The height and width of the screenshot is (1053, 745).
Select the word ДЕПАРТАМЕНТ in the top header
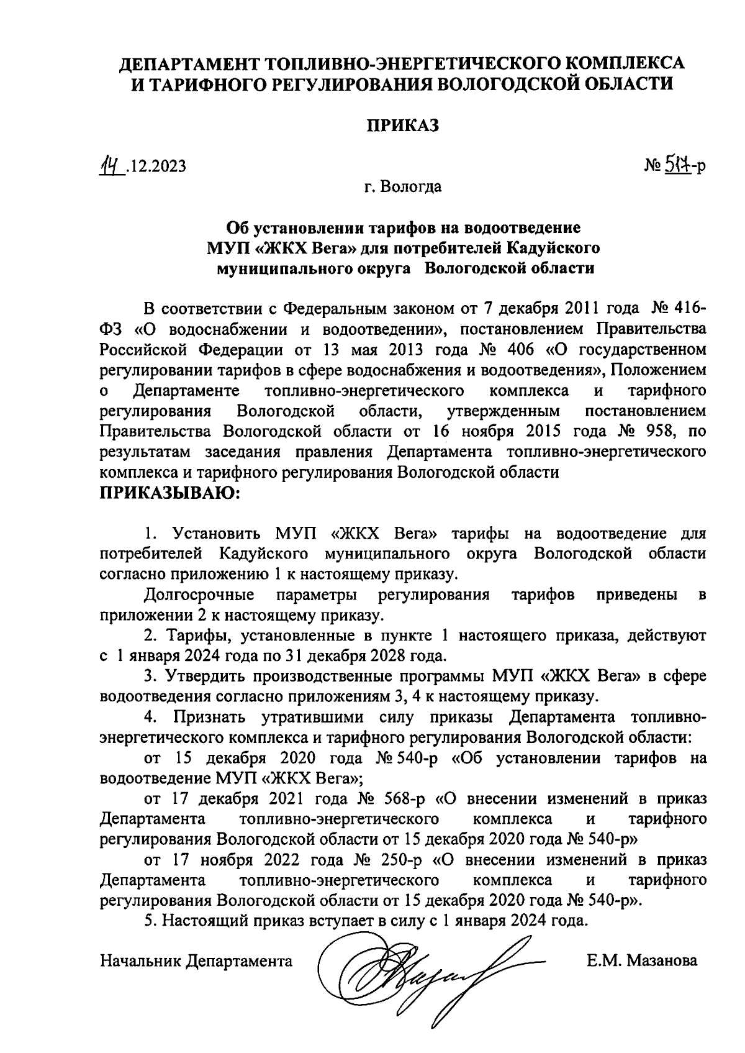(x=190, y=63)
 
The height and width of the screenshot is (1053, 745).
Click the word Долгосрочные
(x=199, y=595)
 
